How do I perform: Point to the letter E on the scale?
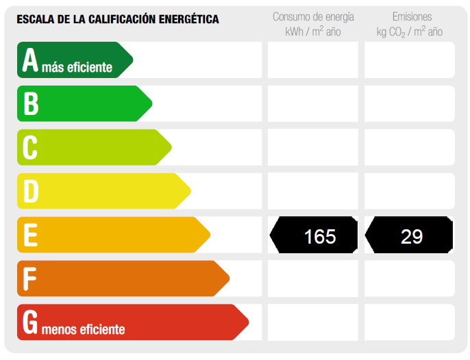30,235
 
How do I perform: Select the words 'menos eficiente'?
83,329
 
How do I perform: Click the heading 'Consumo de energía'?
312,16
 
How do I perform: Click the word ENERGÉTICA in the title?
186,19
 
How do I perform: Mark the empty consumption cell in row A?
312,60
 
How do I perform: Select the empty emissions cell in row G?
410,322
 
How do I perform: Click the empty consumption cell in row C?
312,147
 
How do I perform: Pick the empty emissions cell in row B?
410,103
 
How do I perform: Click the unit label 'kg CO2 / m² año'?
410,32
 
